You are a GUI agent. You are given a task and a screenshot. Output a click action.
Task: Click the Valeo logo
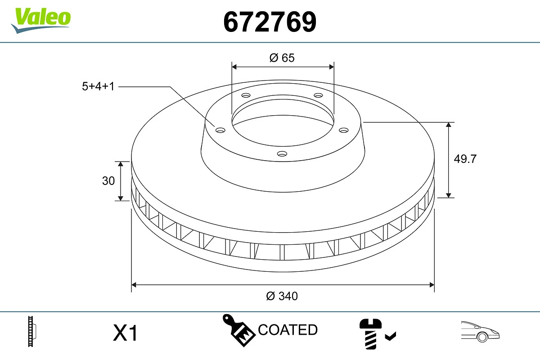pos(41,19)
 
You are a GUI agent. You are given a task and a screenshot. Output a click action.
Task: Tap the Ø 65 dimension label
pos(282,58)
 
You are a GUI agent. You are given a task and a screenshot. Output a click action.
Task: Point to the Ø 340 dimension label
pos(282,296)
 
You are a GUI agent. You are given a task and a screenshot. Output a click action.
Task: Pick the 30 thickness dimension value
pos(108,181)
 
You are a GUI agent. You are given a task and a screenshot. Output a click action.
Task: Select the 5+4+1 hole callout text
pos(98,86)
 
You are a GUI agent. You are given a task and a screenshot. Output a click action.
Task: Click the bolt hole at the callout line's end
pos(220,130)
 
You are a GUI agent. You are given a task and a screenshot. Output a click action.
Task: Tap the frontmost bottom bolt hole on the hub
pos(282,154)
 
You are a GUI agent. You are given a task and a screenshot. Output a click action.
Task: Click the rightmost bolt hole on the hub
pos(344,130)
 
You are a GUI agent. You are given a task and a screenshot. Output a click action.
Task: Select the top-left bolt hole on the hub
pos(246,95)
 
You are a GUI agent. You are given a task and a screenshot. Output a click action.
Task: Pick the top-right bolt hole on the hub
pos(319,95)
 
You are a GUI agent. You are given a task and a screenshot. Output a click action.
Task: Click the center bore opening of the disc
pos(283,121)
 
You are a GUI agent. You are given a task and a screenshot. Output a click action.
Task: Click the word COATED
pos(288,330)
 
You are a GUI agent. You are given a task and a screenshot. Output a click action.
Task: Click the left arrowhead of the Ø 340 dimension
pos(134,285)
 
